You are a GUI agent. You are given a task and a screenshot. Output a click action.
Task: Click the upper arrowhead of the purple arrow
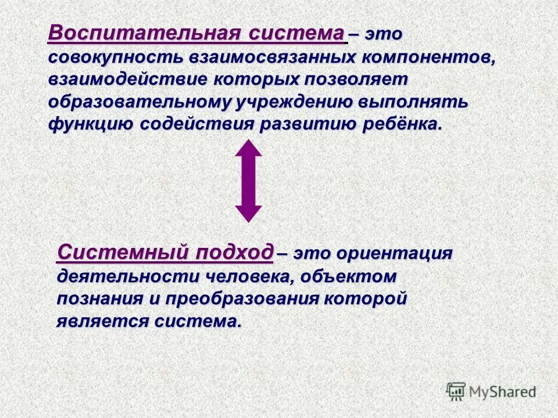(248, 149)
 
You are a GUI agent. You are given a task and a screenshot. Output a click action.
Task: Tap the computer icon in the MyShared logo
(456, 391)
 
